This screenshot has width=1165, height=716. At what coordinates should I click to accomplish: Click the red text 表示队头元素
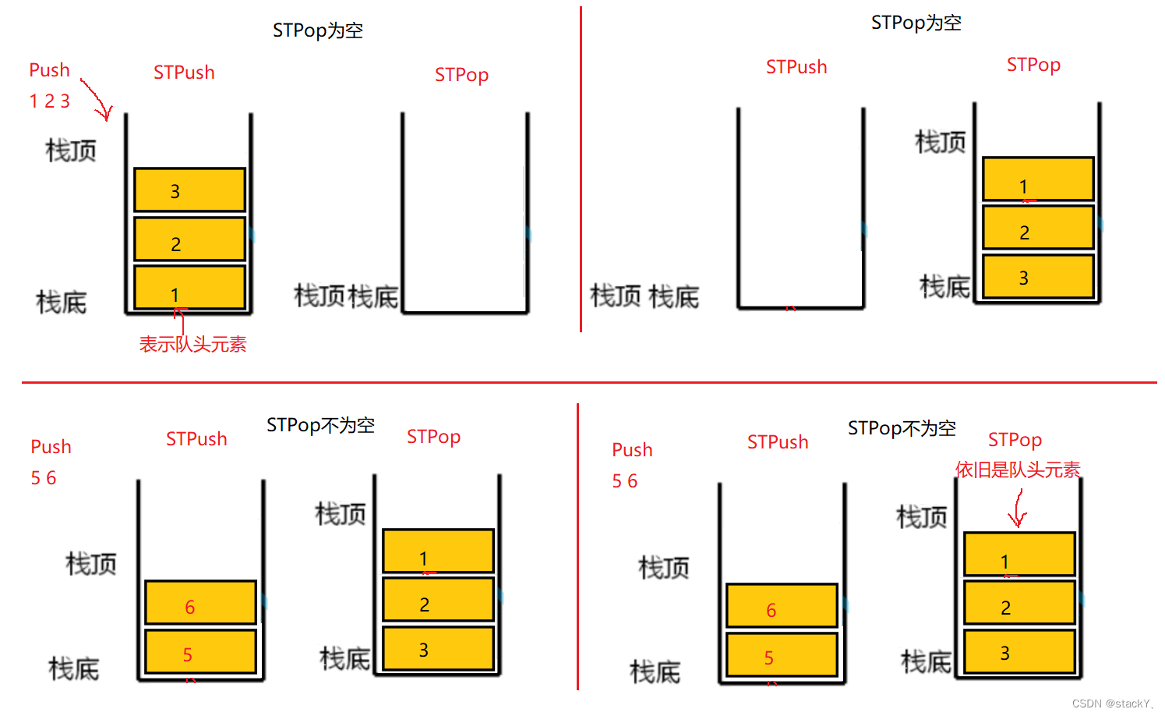point(192,344)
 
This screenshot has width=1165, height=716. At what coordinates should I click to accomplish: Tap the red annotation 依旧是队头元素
point(1018,470)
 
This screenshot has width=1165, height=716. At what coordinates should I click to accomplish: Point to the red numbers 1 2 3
point(50,101)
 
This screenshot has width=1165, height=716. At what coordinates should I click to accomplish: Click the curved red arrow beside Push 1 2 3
point(97,100)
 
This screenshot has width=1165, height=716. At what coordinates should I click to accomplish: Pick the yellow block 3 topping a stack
point(189,190)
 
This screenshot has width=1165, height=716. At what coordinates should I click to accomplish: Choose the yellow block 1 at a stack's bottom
point(189,289)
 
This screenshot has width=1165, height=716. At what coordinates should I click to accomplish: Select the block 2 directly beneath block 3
point(189,239)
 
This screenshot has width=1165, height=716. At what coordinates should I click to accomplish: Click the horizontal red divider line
point(584,382)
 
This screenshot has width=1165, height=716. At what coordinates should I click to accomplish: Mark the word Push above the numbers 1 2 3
point(49,70)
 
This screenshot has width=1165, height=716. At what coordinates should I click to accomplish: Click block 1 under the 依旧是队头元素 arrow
point(1019,555)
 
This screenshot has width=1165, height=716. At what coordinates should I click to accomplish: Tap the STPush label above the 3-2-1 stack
point(184,73)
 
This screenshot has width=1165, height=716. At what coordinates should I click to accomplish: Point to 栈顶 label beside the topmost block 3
point(71,150)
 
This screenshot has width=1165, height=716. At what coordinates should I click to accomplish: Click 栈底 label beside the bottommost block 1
point(62,302)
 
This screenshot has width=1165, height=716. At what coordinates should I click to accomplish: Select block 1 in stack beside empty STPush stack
point(1038,179)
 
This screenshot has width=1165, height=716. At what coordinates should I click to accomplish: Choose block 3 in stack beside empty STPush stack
point(1038,277)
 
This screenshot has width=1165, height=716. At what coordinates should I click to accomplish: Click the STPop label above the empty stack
point(461,75)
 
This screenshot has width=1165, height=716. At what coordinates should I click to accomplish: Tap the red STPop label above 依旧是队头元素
point(1015,440)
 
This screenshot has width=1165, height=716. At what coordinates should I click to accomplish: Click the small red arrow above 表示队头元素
point(180,320)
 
